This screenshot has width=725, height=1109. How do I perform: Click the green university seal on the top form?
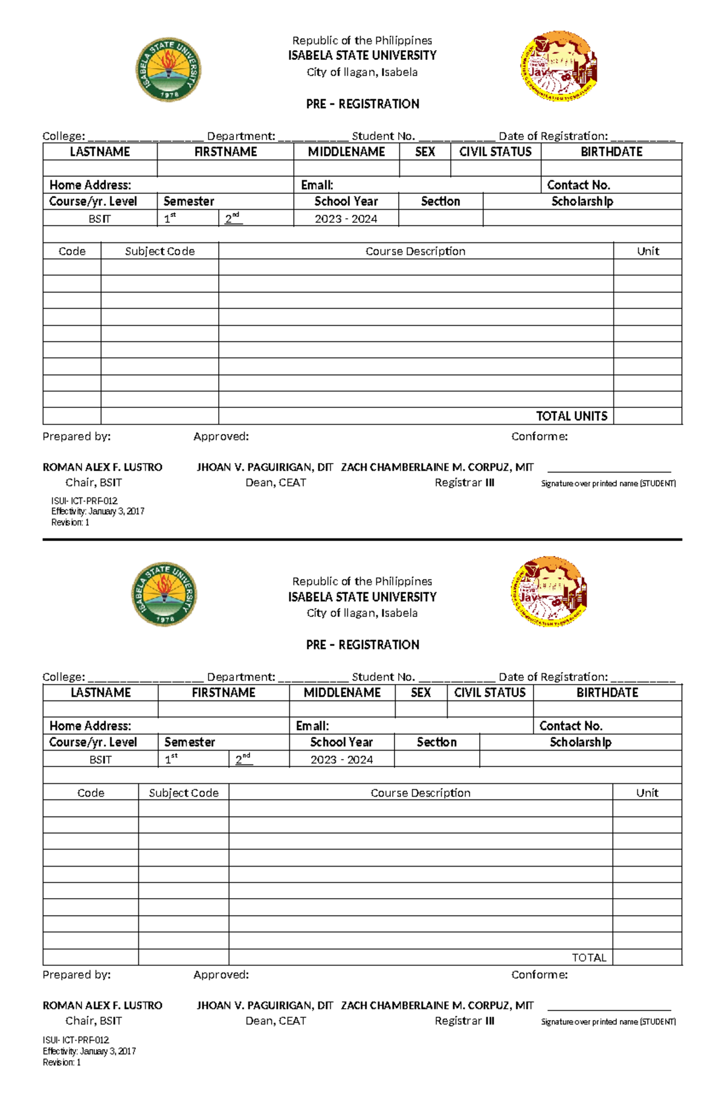coord(168,70)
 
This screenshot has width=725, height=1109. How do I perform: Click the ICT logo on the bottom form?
coord(549,591)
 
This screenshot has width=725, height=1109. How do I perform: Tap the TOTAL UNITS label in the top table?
coord(572,416)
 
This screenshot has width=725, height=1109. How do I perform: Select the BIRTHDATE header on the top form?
coord(611,152)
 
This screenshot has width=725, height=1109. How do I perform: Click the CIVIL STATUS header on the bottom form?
coord(489,693)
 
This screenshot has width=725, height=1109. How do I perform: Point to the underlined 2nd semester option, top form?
coord(233,218)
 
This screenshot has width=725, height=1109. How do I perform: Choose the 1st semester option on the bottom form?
coord(171,759)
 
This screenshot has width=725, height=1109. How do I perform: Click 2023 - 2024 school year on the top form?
coord(346,219)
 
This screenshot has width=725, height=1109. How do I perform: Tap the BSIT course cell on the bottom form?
coord(100,760)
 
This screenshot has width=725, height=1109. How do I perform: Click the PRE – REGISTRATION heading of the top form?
coord(362,104)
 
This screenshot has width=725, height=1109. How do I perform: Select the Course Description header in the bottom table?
coord(420,792)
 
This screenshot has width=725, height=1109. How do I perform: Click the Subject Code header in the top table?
coord(159,251)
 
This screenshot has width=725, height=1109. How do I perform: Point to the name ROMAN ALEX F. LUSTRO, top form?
coord(102,467)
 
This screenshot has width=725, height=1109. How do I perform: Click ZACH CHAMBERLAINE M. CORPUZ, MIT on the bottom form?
coord(437,1005)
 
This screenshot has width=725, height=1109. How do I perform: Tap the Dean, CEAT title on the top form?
coord(275,482)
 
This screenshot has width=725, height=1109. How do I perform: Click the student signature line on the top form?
coord(609,470)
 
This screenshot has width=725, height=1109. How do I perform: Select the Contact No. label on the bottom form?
coord(570,726)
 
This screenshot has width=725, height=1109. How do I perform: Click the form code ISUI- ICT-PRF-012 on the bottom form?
coord(76,1040)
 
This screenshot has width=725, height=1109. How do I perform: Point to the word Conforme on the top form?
coord(539,436)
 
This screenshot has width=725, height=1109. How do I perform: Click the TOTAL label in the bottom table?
coord(589,957)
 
